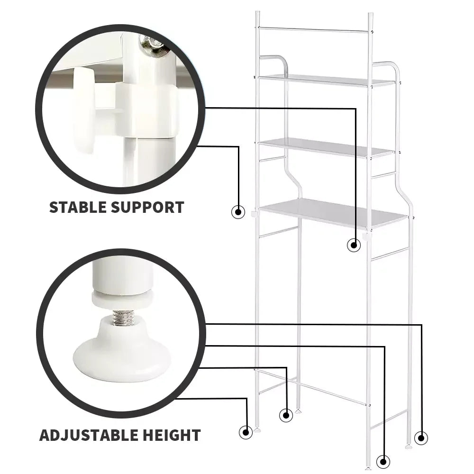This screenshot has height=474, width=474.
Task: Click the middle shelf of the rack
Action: (327, 147)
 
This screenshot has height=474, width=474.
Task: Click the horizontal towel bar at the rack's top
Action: (314, 29)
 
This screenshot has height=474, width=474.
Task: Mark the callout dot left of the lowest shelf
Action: (238, 212)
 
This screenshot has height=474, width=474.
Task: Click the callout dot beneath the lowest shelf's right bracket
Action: (354, 245)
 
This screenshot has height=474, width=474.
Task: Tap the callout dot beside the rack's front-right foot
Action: (383, 462)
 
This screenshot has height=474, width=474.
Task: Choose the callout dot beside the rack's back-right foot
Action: (421, 438)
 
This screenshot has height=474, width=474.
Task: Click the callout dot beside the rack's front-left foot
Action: (246, 432)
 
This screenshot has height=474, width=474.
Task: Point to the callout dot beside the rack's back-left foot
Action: (286, 415)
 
